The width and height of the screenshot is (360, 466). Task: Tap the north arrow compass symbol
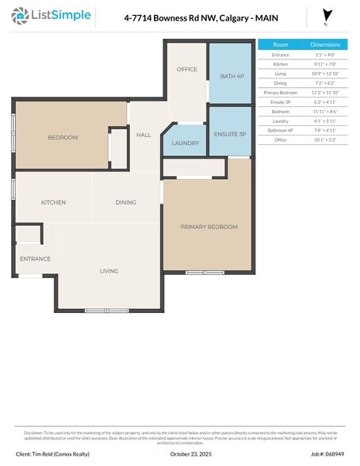pos(326,16)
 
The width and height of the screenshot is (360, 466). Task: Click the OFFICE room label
pos(186,70)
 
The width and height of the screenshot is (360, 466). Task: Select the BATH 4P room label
pos(232,76)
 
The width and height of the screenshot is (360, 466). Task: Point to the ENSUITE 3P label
pos(230,135)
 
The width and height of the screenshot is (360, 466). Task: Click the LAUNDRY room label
pos(185,143)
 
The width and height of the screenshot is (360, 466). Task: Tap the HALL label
pos(144,136)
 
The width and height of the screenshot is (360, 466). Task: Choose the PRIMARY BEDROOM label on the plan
pos(209,227)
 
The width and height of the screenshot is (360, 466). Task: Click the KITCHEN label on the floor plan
pos(53,203)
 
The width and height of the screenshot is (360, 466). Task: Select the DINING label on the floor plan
pos(126,203)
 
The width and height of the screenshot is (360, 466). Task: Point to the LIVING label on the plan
pos(109,271)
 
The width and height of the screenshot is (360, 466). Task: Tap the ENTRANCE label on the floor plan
pos(35,259)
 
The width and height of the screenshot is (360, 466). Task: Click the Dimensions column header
pos(324,45)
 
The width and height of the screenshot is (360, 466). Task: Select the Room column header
pos(280,45)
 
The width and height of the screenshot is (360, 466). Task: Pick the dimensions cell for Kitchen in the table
pos(324,63)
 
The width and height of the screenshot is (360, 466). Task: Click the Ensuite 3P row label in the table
pos(280,102)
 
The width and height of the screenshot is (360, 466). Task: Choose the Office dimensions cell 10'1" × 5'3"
pos(324,140)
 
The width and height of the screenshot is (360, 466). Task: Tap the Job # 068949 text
pos(327,454)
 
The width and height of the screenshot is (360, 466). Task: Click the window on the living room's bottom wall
pos(107,310)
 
